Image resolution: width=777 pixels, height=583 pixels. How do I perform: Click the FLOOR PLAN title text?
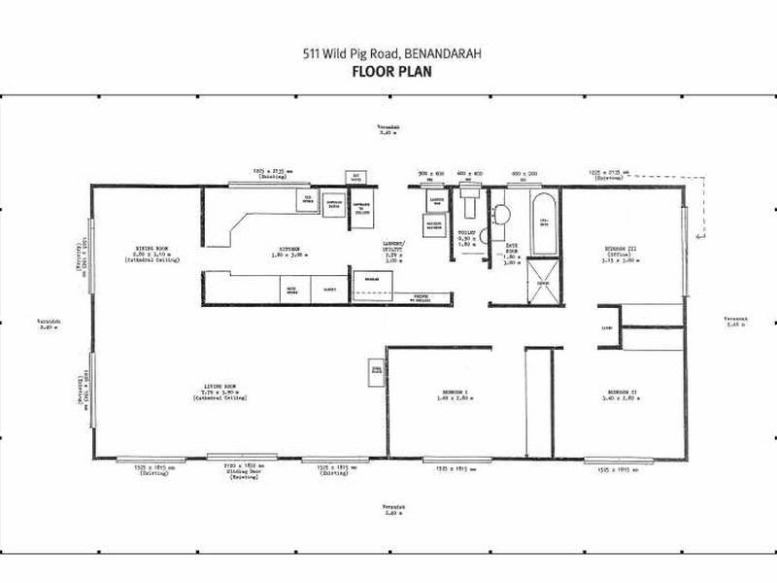(388, 71)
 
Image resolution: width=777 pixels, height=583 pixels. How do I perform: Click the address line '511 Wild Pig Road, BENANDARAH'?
(388, 54)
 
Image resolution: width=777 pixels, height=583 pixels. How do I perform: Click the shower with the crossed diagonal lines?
(545, 282)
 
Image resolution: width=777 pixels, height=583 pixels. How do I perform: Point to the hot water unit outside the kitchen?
(355, 177)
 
